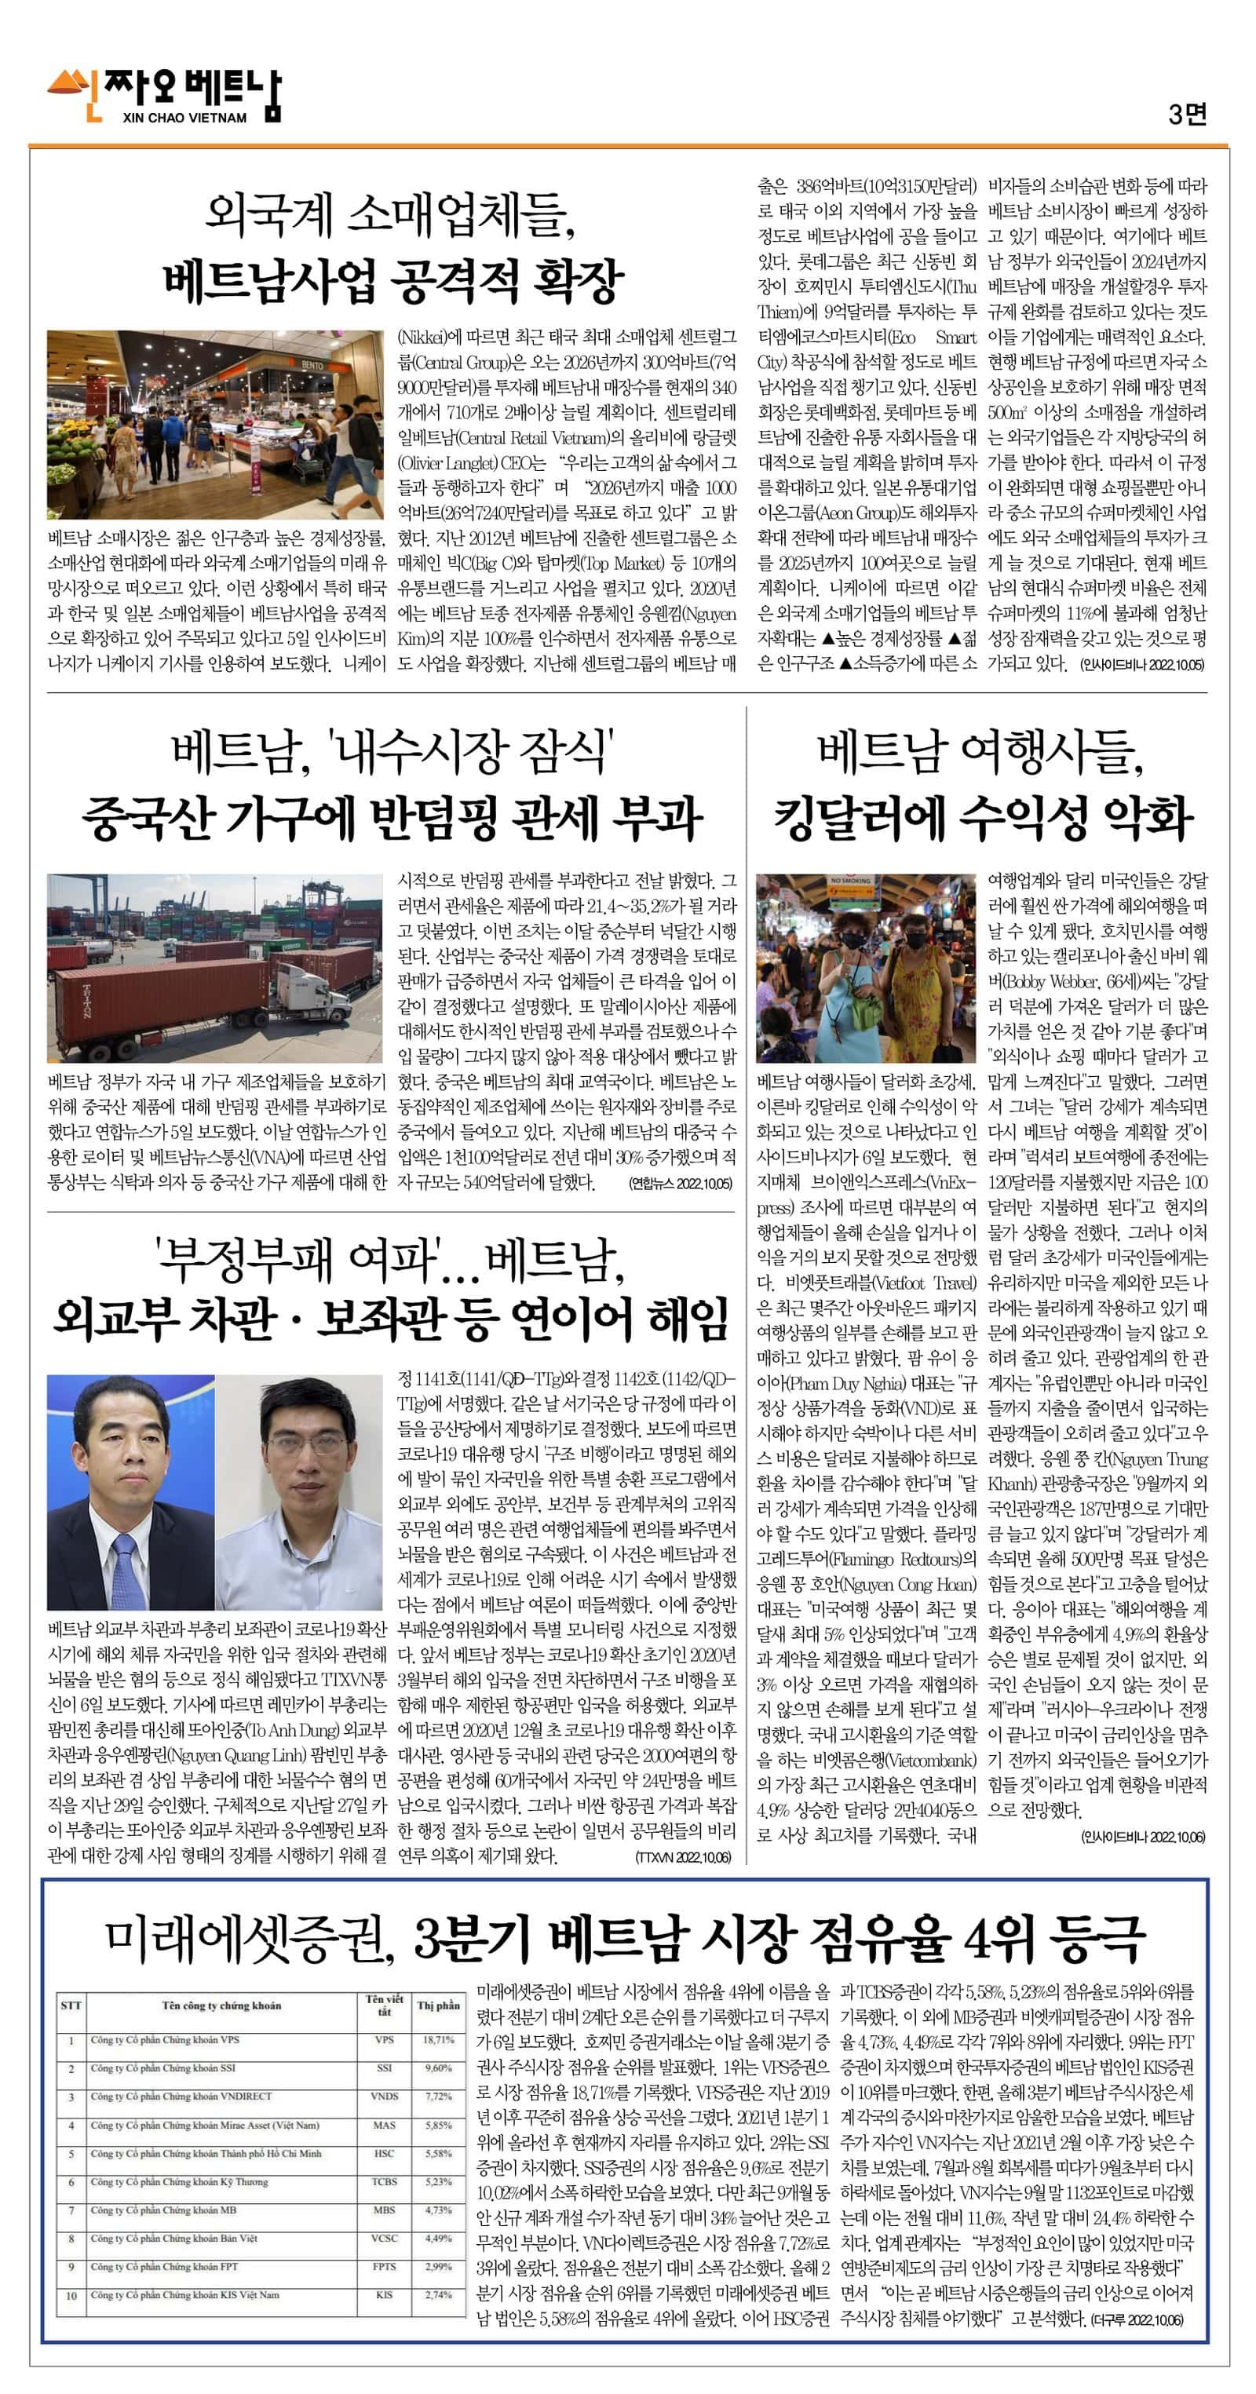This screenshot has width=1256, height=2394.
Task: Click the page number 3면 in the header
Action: point(1186,115)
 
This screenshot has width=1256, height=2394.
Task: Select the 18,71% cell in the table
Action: point(438,2040)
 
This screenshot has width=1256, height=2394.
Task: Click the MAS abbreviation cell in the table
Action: point(384,2125)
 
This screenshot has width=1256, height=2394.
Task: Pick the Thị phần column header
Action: point(438,2005)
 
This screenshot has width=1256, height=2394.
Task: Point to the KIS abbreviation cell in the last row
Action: point(384,2294)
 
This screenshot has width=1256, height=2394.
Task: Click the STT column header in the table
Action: point(71,2005)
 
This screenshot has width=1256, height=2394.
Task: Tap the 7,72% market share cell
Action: point(438,2097)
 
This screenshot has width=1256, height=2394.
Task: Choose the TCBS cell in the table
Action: point(384,2181)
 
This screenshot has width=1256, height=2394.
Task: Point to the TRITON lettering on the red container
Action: point(86,1013)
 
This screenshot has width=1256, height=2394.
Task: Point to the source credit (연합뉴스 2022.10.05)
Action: point(680,1183)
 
